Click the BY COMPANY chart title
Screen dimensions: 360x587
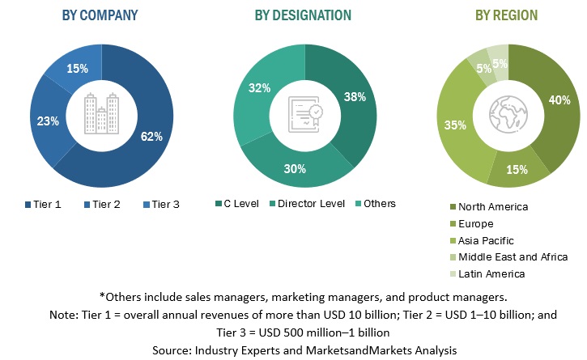coord(100,15)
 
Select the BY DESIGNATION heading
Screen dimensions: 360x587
coord(303,15)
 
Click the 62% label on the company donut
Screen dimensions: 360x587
coord(152,136)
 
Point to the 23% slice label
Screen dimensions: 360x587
coord(48,121)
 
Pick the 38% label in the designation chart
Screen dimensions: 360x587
coord(355,96)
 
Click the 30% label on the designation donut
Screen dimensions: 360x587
coord(295,168)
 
